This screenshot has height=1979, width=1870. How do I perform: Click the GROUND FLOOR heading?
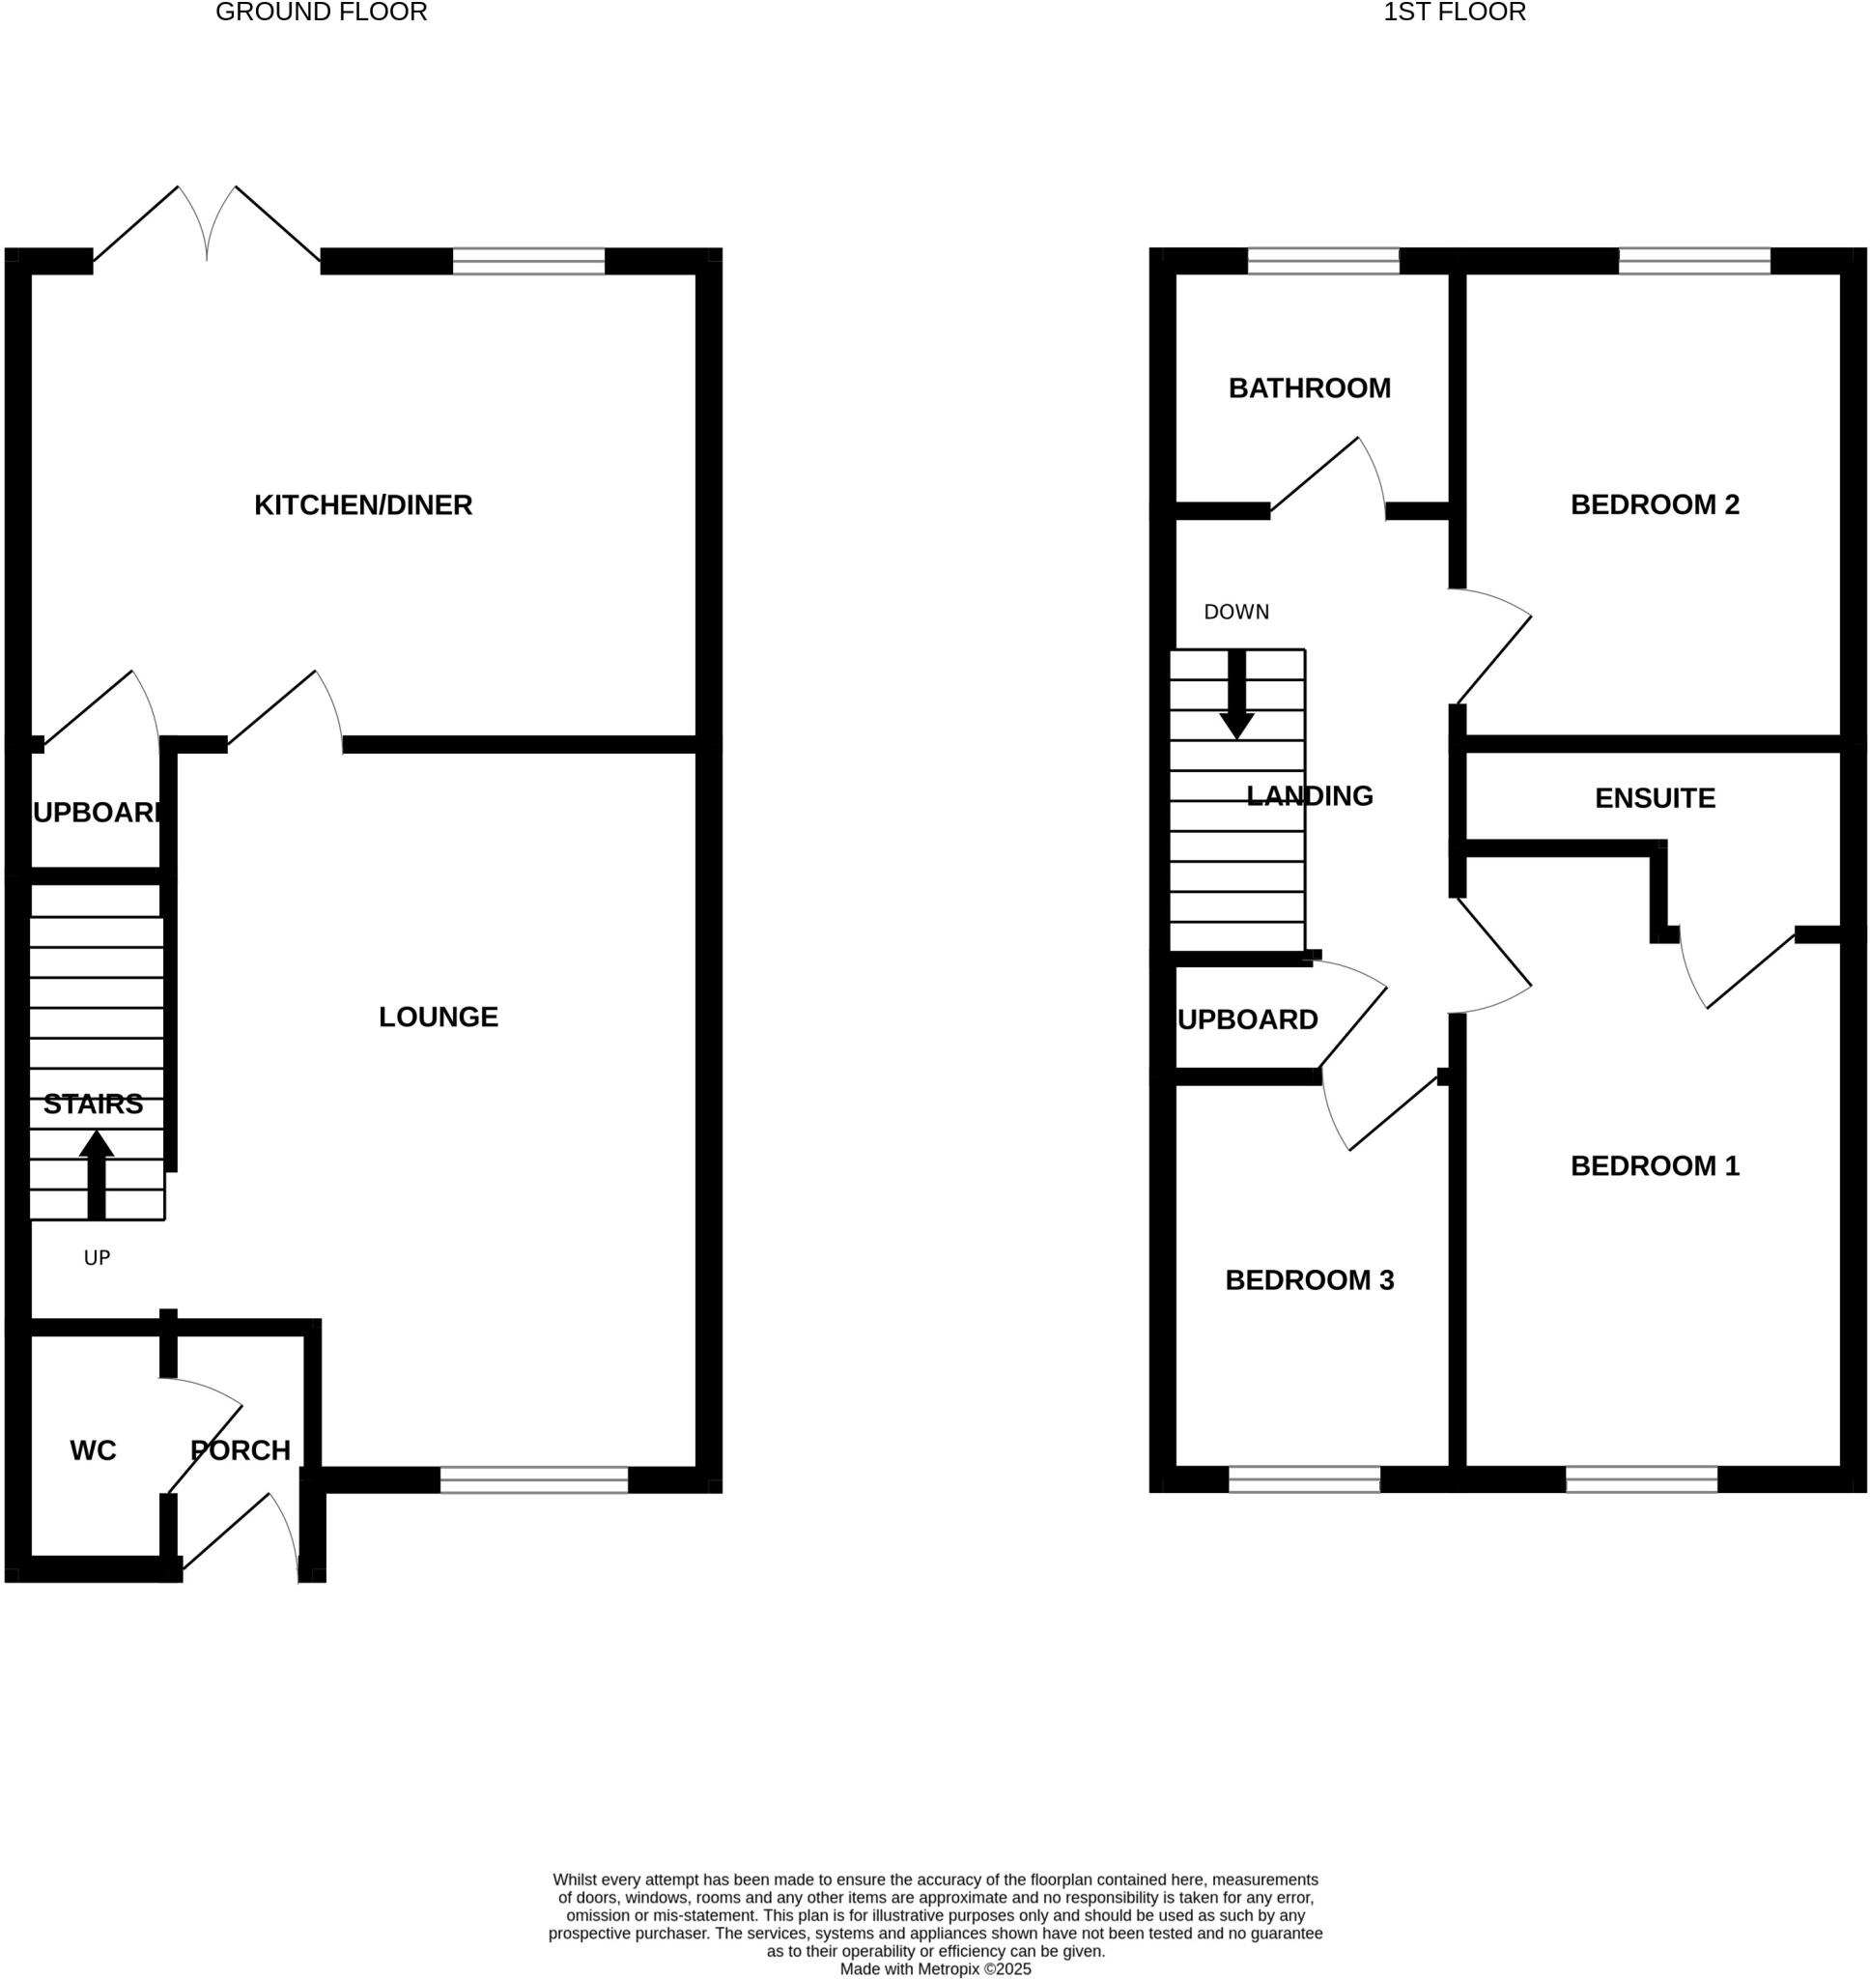[321, 13]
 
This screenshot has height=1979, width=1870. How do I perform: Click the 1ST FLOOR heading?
[1454, 13]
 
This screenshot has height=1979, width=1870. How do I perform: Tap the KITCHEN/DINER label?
[363, 505]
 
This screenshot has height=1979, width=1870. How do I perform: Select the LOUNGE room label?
[438, 1017]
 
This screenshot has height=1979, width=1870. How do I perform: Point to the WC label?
[93, 1450]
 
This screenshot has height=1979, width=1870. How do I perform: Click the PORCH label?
[241, 1450]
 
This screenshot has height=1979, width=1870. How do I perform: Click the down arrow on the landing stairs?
[1236, 695]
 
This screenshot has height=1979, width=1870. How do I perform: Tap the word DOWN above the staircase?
[1236, 612]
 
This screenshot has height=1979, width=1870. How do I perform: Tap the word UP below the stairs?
[97, 1258]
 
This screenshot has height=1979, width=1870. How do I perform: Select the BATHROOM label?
[1309, 388]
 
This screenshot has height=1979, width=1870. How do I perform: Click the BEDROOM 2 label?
[1654, 505]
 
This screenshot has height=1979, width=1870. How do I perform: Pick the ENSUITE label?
[1654, 798]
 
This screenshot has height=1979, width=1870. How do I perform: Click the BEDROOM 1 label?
[1654, 1166]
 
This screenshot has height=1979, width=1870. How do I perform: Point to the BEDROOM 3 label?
[1309, 1280]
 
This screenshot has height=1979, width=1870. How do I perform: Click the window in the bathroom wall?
[1322, 261]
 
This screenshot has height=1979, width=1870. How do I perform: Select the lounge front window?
[533, 1479]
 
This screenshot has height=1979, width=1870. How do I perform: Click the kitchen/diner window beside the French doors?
[528, 261]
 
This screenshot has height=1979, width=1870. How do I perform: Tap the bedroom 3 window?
[1304, 1479]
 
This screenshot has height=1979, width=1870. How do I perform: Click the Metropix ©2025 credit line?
[935, 1969]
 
